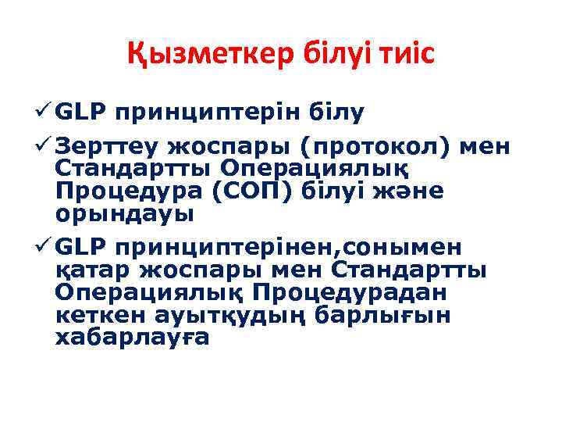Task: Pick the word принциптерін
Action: pyautogui.click(x=208, y=113)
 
